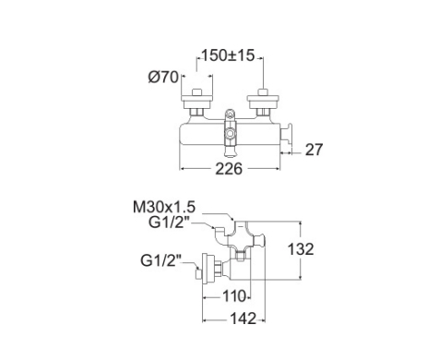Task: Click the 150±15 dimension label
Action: pos(228,55)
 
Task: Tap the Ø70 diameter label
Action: pos(163,77)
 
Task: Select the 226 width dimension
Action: pos(229,169)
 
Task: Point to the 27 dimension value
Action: pos(314,150)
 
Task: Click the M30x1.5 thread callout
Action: pos(164,207)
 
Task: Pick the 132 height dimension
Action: pos(301,249)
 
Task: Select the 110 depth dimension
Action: pos(234,296)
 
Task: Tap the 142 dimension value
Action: pos(243,319)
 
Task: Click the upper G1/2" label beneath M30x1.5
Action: pos(169,223)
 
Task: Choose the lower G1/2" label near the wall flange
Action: pos(160,261)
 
